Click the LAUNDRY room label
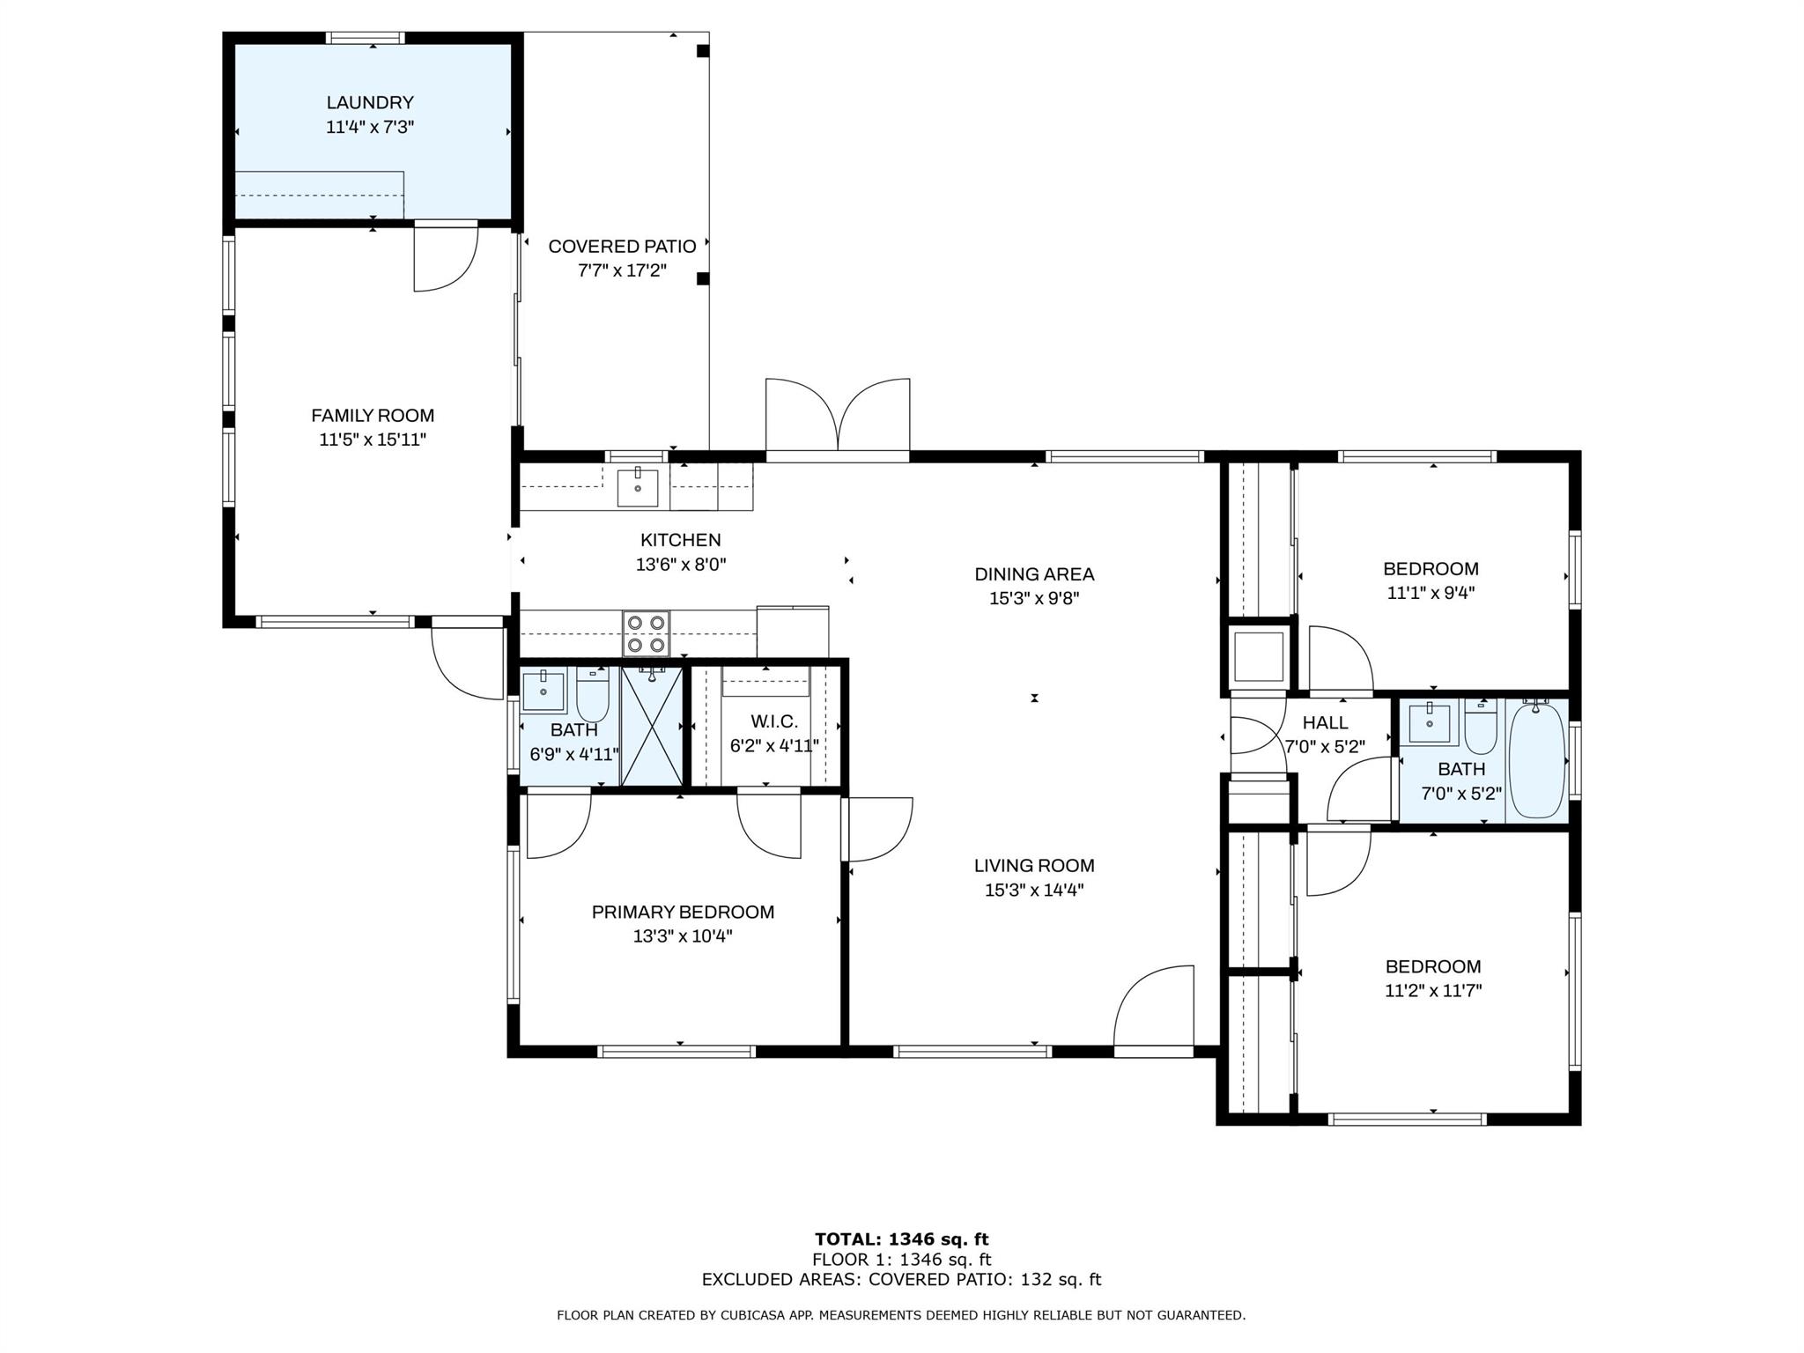tap(370, 103)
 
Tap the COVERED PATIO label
tap(622, 247)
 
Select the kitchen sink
tap(638, 488)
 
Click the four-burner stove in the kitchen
tap(646, 633)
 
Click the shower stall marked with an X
tap(652, 726)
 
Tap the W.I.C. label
tap(774, 721)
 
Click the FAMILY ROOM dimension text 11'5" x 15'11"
tap(373, 440)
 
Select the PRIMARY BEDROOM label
tap(683, 913)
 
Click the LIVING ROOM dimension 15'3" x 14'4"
tap(1034, 890)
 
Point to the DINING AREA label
tap(1034, 574)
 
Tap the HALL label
tap(1325, 722)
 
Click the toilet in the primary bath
tap(593, 693)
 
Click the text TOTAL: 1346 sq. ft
tap(901, 1239)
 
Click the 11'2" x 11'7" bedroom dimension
tap(1433, 990)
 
